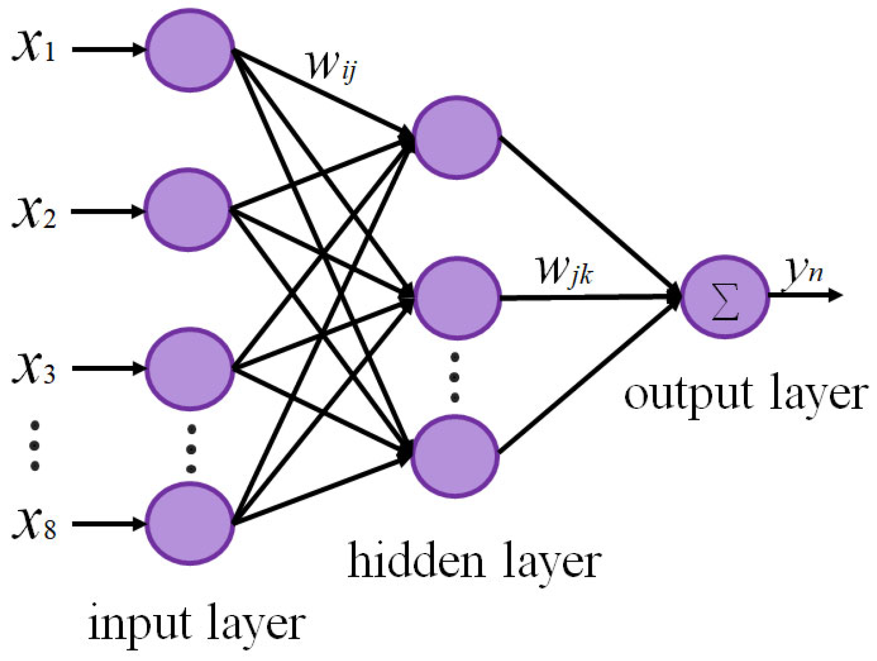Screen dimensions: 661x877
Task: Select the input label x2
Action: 33,212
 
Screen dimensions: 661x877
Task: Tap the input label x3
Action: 33,368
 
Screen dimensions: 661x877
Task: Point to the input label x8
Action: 33,524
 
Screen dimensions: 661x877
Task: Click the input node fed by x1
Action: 189,50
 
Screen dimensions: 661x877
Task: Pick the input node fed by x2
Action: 188,210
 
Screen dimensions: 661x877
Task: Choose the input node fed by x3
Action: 189,369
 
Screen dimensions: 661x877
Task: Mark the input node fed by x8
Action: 189,524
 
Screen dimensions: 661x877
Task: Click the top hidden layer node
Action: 456,137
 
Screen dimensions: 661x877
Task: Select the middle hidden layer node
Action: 456,297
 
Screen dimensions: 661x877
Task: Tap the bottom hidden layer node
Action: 455,456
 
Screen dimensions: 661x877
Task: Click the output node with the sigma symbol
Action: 724,297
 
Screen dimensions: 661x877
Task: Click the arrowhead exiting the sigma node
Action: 835,295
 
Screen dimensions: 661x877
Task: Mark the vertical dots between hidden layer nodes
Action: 455,377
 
